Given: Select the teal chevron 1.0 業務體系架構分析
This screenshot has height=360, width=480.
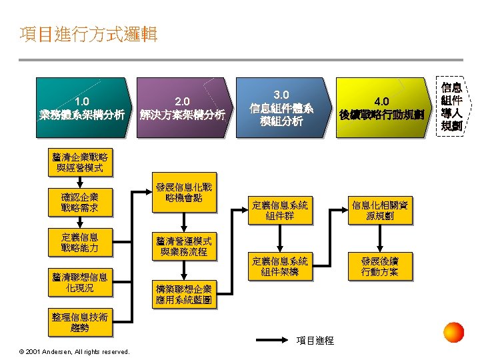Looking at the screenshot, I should [x=82, y=108].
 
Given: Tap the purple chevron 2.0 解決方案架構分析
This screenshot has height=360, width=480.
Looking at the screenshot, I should [x=182, y=108].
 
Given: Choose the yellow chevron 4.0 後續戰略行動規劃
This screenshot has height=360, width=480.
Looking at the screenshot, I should [x=381, y=108].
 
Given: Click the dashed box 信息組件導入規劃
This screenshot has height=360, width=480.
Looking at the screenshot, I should [x=451, y=107].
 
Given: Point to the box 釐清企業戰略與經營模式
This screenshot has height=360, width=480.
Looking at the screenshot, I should [x=79, y=163].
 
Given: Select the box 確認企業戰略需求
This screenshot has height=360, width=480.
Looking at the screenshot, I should [x=79, y=203].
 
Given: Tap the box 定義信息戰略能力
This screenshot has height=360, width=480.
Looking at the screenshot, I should [x=79, y=243].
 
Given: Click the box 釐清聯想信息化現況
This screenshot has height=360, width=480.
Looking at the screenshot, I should [x=79, y=283].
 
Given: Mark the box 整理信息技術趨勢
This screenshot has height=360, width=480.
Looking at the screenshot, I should [x=79, y=322].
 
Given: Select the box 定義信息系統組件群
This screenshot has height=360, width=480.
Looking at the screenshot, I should [x=280, y=211].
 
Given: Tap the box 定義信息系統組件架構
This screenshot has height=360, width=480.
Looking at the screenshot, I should [x=280, y=266].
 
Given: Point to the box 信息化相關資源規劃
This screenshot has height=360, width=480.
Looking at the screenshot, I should [x=380, y=211].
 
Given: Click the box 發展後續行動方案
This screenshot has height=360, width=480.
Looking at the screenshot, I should [x=380, y=266].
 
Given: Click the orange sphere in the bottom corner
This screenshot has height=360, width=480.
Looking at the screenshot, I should [x=453, y=332].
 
